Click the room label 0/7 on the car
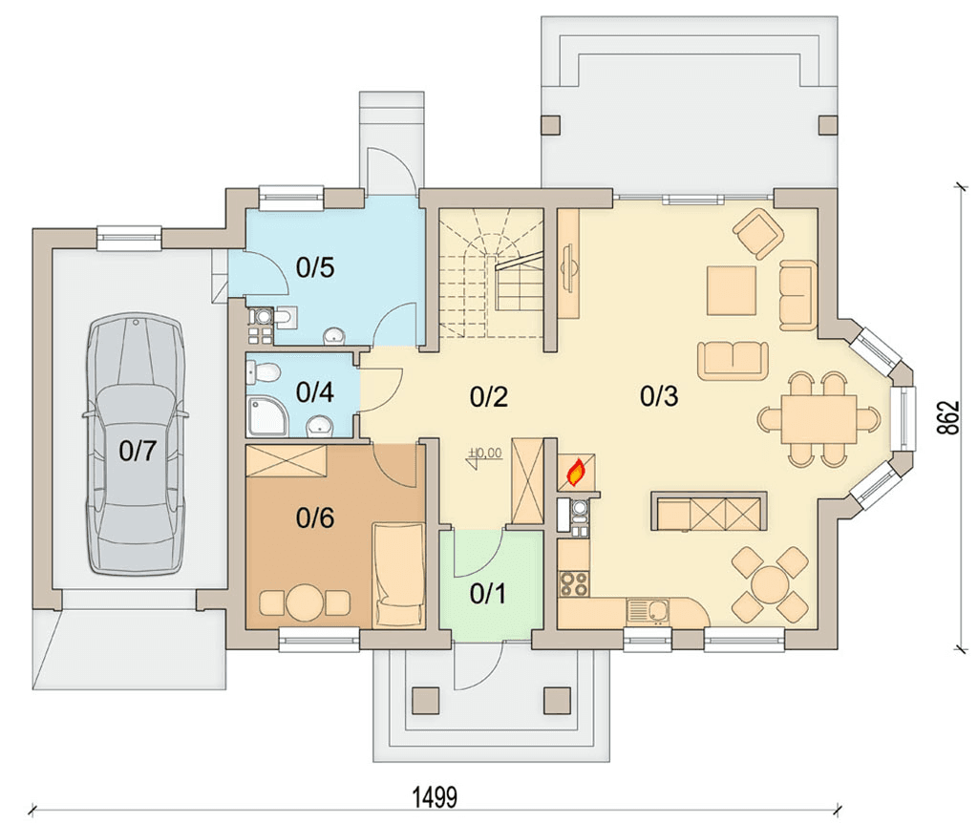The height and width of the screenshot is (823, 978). [x=138, y=451]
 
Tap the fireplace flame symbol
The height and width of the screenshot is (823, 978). [x=576, y=473]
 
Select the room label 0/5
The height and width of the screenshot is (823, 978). [x=315, y=267]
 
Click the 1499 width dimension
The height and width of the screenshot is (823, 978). [x=436, y=797]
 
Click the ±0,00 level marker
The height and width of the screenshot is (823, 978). [x=484, y=454]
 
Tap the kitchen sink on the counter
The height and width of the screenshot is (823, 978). [x=648, y=611]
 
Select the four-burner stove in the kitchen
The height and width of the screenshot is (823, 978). [x=573, y=584]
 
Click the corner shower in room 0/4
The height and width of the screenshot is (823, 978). [x=267, y=417]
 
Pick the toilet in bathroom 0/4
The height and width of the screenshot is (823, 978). [x=264, y=372]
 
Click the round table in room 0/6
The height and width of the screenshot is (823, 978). [x=305, y=601]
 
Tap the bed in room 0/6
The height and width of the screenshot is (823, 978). [x=398, y=575]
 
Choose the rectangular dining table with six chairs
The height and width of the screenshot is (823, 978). [x=819, y=419]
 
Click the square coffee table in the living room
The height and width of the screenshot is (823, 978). [x=732, y=290]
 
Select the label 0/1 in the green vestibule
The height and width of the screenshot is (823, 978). [x=488, y=594]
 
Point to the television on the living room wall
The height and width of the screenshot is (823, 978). [x=568, y=267]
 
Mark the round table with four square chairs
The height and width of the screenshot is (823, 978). [x=771, y=585]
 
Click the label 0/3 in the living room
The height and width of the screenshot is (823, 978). [x=659, y=396]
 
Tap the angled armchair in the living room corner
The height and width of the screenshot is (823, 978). [x=758, y=233]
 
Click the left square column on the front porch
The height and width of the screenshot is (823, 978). [x=425, y=700]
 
